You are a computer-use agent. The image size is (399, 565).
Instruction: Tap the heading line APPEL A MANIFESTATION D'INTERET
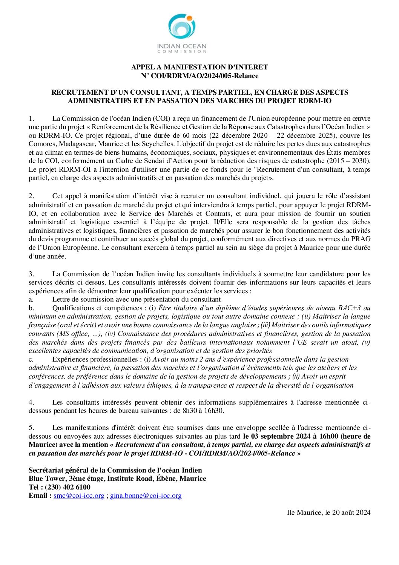coord(199,67)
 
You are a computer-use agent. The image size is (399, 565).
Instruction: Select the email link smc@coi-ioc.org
coord(79,496)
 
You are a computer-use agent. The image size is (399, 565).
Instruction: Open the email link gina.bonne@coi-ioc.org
coord(146,496)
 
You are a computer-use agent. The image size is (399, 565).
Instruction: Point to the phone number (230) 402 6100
coord(68,487)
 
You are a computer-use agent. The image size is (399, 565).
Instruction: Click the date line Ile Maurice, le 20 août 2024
coord(328,513)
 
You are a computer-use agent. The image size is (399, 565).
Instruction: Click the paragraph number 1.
coord(31,119)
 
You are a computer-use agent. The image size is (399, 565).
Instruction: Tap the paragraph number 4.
coord(31,402)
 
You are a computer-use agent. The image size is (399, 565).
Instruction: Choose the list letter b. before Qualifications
coord(31,308)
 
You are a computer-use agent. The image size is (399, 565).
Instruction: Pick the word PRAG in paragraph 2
coord(361,239)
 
